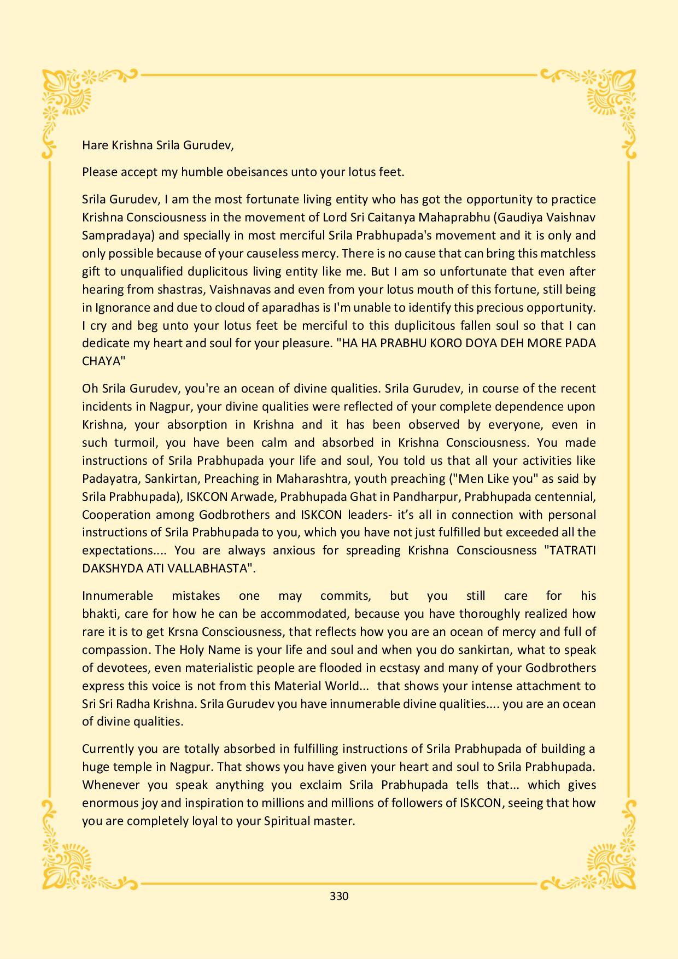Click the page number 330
(x=339, y=896)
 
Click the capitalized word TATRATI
(x=570, y=551)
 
